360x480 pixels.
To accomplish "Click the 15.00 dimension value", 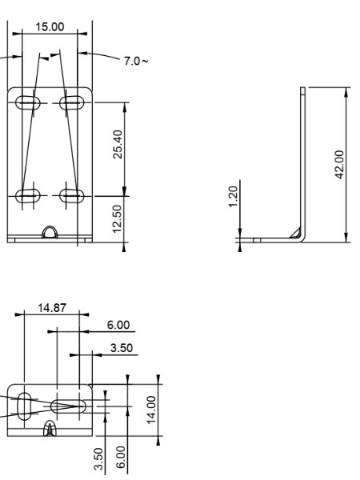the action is point(50,26).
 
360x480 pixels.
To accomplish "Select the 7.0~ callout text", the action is point(136,61).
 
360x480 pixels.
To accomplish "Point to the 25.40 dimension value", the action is point(118,144).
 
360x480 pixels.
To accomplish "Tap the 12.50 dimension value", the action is point(118,219).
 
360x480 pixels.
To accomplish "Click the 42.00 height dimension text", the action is point(339,164).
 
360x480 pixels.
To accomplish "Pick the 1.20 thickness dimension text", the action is point(234,197).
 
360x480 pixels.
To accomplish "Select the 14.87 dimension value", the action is point(52,308).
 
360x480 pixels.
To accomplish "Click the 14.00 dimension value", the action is point(151,410).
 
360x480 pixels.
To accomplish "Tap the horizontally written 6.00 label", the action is point(118,325).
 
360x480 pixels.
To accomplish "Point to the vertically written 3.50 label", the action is point(98,458).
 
